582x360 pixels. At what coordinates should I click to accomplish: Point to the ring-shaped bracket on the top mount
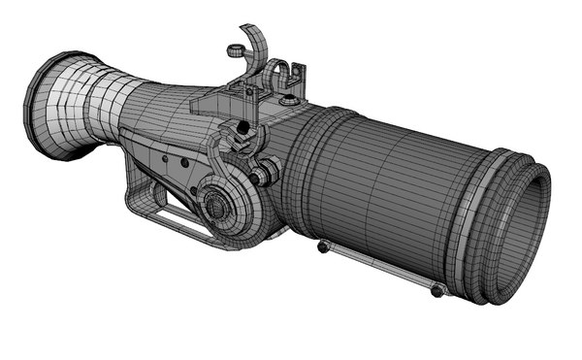click(x=275, y=74)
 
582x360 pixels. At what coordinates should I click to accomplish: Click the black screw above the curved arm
click(x=233, y=127)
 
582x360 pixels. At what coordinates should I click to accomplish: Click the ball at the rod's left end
click(x=323, y=246)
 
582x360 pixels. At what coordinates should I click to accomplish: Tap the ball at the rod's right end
click(x=437, y=289)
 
